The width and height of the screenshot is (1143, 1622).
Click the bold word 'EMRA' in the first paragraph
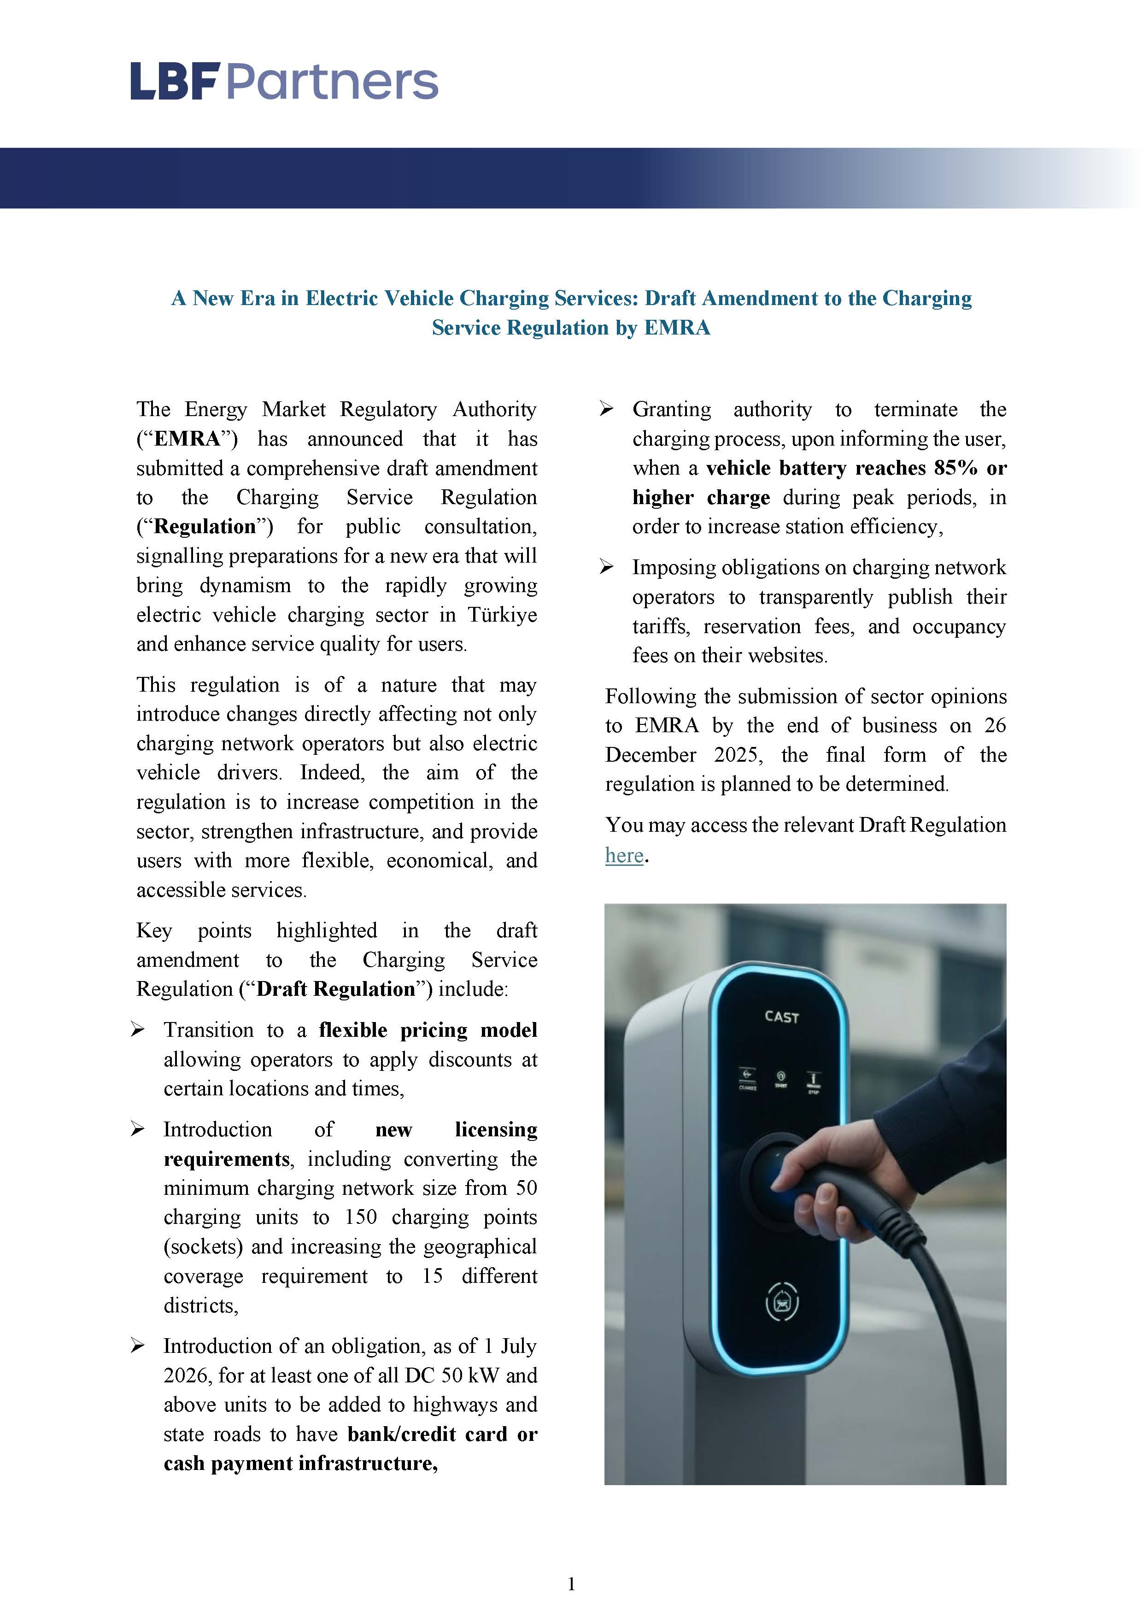point(187,439)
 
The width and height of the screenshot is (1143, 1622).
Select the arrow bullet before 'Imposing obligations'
point(606,567)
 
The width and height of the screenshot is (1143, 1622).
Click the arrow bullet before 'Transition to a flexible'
point(138,1030)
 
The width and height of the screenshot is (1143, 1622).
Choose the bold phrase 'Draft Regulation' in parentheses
point(335,989)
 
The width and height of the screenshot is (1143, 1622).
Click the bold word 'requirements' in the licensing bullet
point(227,1159)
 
